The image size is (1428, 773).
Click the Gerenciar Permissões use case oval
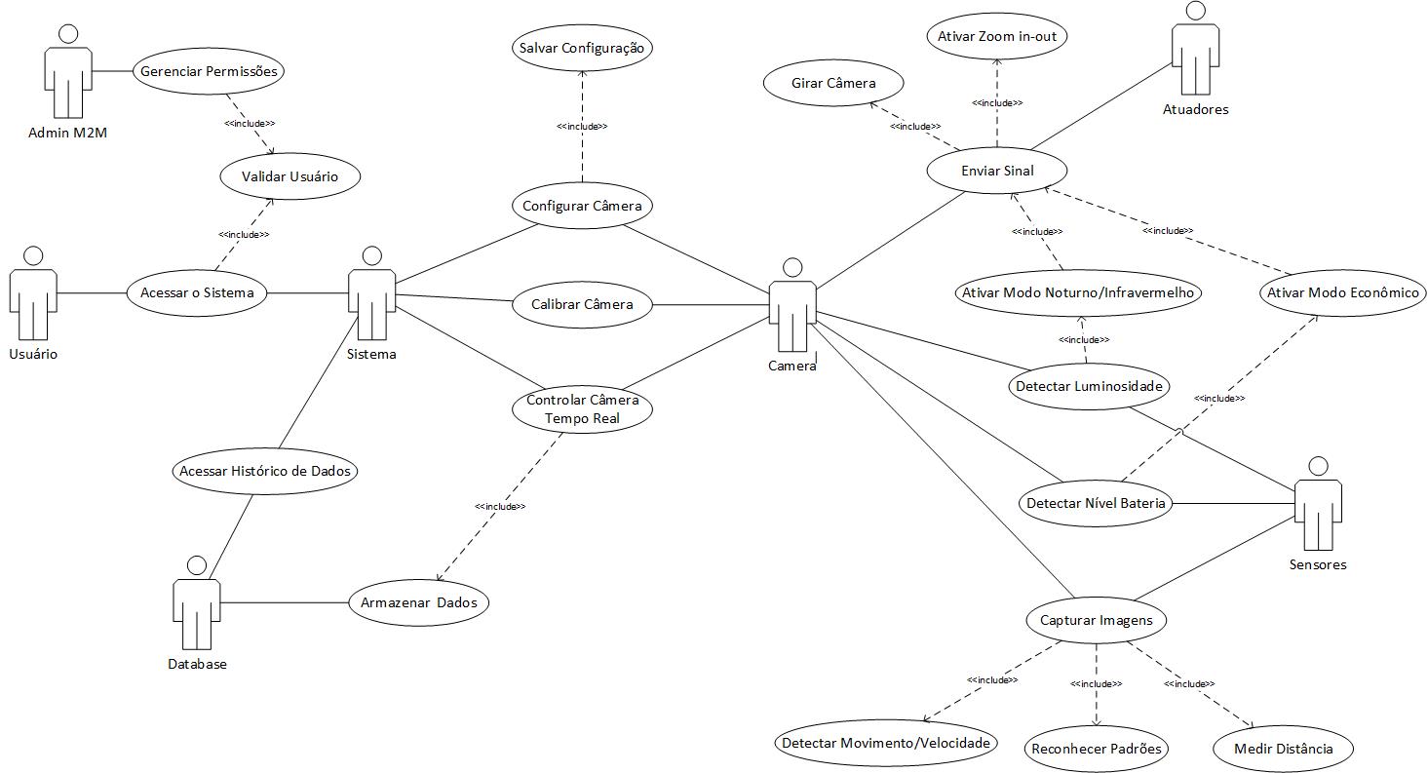pos(208,71)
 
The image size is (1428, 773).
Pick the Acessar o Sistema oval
pos(197,293)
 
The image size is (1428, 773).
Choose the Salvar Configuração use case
pos(581,48)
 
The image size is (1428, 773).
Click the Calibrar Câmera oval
pos(582,304)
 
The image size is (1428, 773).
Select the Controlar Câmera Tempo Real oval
pos(582,408)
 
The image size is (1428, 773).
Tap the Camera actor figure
pos(792,307)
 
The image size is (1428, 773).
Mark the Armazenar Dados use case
pos(418,602)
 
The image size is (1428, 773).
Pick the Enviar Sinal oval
pos(996,171)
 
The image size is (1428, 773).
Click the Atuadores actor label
pos(1195,109)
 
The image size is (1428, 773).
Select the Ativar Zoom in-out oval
pos(996,37)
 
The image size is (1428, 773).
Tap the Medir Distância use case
pos(1282,749)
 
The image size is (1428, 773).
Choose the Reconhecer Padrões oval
pos(1097,749)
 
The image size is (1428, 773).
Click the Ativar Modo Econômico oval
pos(1343,292)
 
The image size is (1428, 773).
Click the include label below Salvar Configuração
pos(582,127)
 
